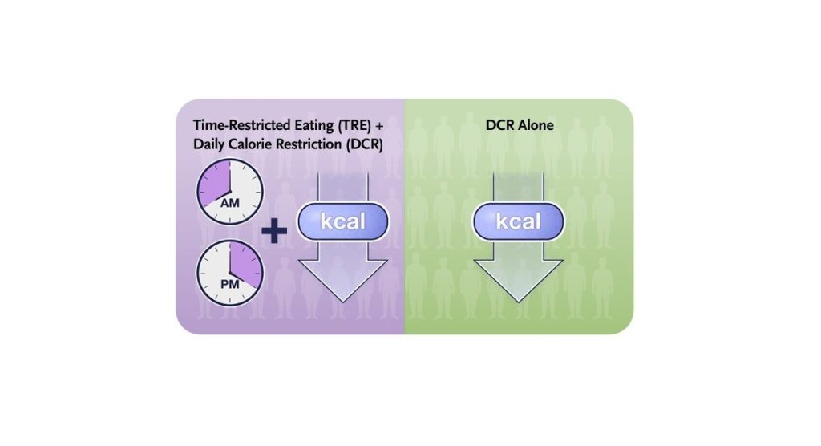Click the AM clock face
[230, 191]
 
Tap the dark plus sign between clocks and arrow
[275, 232]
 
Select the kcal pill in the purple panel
[342, 221]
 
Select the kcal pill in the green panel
[518, 221]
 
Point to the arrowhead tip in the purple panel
[342, 300]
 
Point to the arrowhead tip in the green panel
[518, 300]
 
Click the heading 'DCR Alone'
[519, 125]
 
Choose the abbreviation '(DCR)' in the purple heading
[360, 145]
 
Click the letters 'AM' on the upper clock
[230, 203]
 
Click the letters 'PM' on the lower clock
[230, 283]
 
